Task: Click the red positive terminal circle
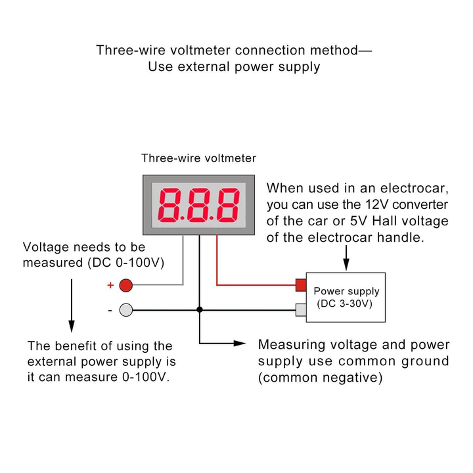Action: (x=126, y=284)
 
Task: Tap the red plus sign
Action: (x=110, y=285)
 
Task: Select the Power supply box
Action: (x=346, y=297)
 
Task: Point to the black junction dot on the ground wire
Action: (x=200, y=309)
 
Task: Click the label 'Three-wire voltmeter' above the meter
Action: (x=198, y=158)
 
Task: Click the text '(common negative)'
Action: (x=320, y=378)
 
